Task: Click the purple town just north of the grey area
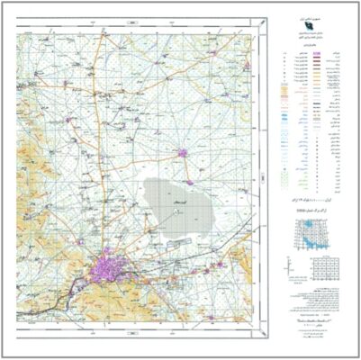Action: (x=184, y=153)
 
